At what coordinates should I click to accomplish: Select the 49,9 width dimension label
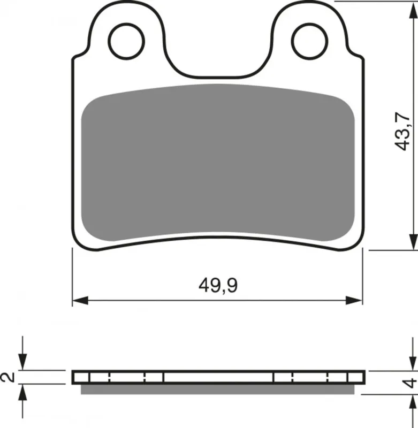click(218, 286)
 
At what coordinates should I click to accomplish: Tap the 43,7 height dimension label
click(403, 131)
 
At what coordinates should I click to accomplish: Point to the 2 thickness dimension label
click(8, 377)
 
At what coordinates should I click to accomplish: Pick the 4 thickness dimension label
click(410, 383)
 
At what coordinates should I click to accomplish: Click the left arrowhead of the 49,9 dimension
click(80, 300)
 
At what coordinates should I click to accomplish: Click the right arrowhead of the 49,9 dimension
click(354, 300)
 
